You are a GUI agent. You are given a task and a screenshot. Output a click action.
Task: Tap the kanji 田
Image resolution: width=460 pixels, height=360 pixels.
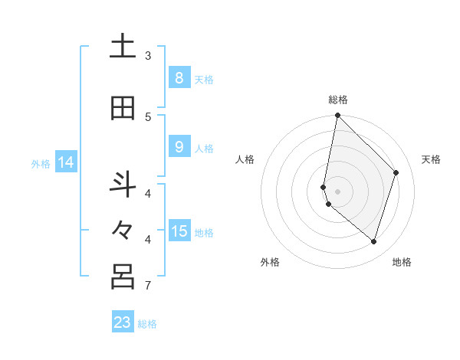(x=123, y=109)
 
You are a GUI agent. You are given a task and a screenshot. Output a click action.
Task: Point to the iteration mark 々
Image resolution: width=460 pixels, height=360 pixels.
(x=123, y=231)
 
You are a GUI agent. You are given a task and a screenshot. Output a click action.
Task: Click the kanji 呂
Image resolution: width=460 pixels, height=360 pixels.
(x=123, y=277)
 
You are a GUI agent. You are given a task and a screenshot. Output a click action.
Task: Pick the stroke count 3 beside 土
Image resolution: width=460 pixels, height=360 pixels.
(x=148, y=56)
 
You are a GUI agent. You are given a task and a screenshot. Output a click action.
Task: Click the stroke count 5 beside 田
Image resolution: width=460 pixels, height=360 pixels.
(x=148, y=117)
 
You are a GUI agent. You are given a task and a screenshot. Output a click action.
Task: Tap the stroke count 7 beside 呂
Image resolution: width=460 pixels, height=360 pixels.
(x=148, y=286)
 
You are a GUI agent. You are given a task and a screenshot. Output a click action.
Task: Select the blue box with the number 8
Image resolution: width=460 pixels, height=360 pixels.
(x=179, y=78)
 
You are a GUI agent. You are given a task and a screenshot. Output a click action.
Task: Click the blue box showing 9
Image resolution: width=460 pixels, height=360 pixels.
(x=179, y=147)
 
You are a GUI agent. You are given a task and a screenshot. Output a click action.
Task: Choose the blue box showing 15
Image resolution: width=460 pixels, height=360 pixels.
(x=179, y=231)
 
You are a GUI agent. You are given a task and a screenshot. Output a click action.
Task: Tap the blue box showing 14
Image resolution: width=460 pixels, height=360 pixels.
(x=66, y=162)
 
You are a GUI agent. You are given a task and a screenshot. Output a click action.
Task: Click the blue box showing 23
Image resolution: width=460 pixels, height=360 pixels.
(x=123, y=322)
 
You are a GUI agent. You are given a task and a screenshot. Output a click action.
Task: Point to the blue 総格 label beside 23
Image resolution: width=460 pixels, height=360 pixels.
(x=147, y=324)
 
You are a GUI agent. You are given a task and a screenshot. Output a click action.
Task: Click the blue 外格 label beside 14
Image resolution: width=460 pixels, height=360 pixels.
(x=41, y=163)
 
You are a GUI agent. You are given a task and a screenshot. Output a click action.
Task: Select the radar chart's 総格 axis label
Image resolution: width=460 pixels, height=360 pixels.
(x=337, y=100)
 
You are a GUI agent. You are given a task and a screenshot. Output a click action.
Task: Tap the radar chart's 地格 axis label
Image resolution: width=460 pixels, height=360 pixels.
(x=402, y=262)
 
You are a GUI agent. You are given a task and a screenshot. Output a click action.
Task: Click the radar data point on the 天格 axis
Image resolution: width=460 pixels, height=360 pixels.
(x=396, y=172)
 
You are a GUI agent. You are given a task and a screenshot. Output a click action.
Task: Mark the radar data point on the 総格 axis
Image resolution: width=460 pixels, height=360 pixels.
(x=337, y=115)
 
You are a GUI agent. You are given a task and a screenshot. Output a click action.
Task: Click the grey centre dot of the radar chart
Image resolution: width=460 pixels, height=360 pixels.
(x=337, y=191)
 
